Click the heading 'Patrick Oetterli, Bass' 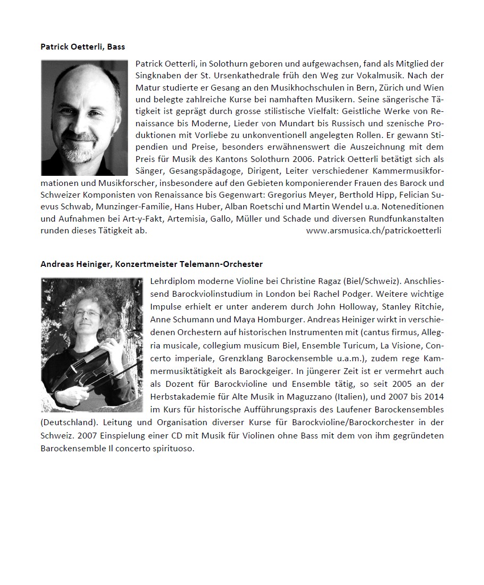click(x=83, y=47)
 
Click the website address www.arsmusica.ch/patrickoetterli click(x=374, y=231)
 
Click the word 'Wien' click(x=434, y=87)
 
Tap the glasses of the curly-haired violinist click(x=89, y=314)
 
